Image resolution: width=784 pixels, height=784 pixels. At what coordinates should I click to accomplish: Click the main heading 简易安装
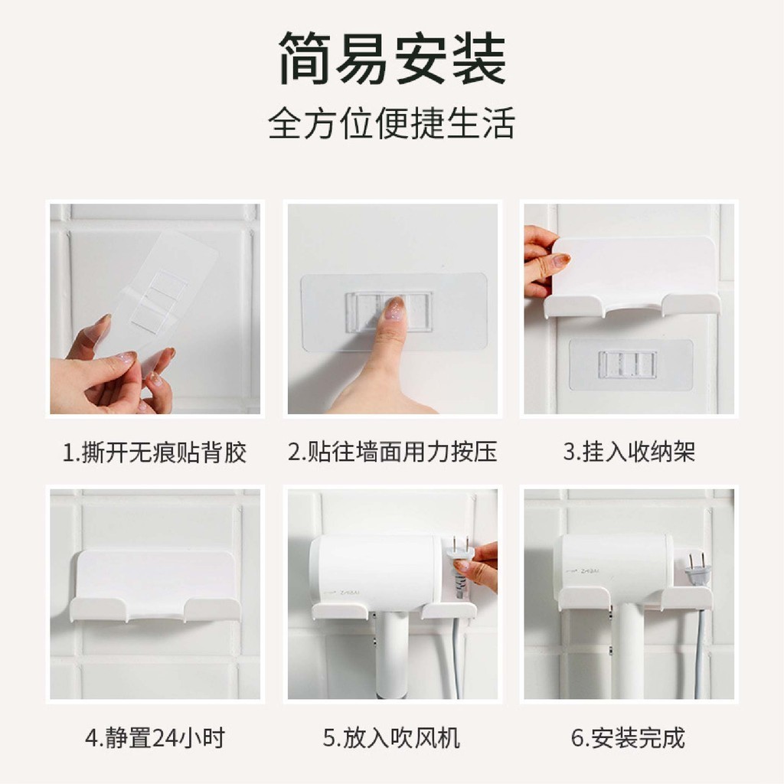click(393, 58)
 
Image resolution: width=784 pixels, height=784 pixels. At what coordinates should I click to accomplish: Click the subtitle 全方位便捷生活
click(391, 123)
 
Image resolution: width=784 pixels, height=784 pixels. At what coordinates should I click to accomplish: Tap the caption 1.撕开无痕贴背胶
click(155, 452)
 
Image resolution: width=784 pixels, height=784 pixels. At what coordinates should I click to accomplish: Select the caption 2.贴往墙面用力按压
click(393, 452)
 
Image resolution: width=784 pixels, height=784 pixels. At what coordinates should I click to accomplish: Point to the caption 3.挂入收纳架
click(629, 452)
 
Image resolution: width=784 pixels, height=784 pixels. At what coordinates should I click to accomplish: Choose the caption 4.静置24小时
click(155, 737)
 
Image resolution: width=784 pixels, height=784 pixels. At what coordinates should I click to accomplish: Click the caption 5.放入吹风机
click(391, 737)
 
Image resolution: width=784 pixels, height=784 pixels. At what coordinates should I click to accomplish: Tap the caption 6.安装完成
click(628, 737)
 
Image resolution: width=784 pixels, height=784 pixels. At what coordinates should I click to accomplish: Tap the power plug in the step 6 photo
click(695, 569)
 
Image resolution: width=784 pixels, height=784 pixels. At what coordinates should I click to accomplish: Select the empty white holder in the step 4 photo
click(155, 586)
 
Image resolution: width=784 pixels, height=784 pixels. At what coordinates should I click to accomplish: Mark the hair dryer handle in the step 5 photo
click(391, 655)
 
